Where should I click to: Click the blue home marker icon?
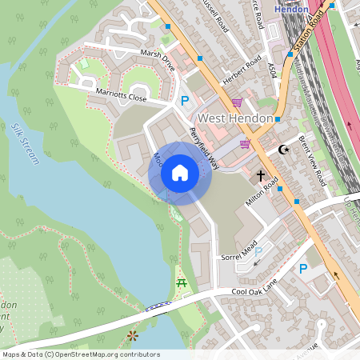click(x=180, y=173)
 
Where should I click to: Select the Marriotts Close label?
click(x=122, y=96)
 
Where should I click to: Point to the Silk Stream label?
click(x=26, y=144)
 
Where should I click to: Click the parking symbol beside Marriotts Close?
click(x=186, y=101)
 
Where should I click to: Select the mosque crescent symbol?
click(x=282, y=149)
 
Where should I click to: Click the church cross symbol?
click(x=260, y=175)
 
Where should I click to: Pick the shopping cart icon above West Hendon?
click(x=237, y=102)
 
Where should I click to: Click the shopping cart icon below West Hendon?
click(x=244, y=143)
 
